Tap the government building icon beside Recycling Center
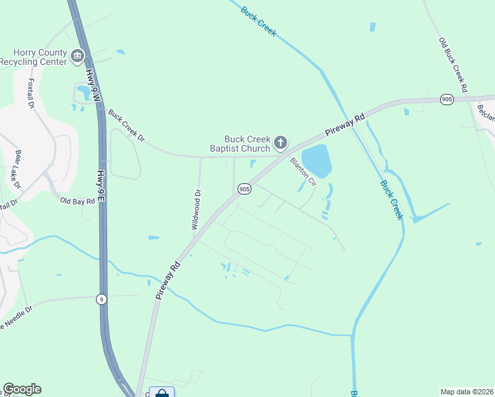point(78,56)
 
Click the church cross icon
point(281,142)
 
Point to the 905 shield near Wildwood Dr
point(244,189)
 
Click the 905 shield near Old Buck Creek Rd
point(447,99)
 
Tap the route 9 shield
point(101,298)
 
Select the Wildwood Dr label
point(196,210)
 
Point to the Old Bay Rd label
point(77,200)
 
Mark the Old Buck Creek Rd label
point(453,64)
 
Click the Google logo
point(22,389)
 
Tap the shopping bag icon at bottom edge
point(161,393)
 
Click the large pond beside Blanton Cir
point(317,161)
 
